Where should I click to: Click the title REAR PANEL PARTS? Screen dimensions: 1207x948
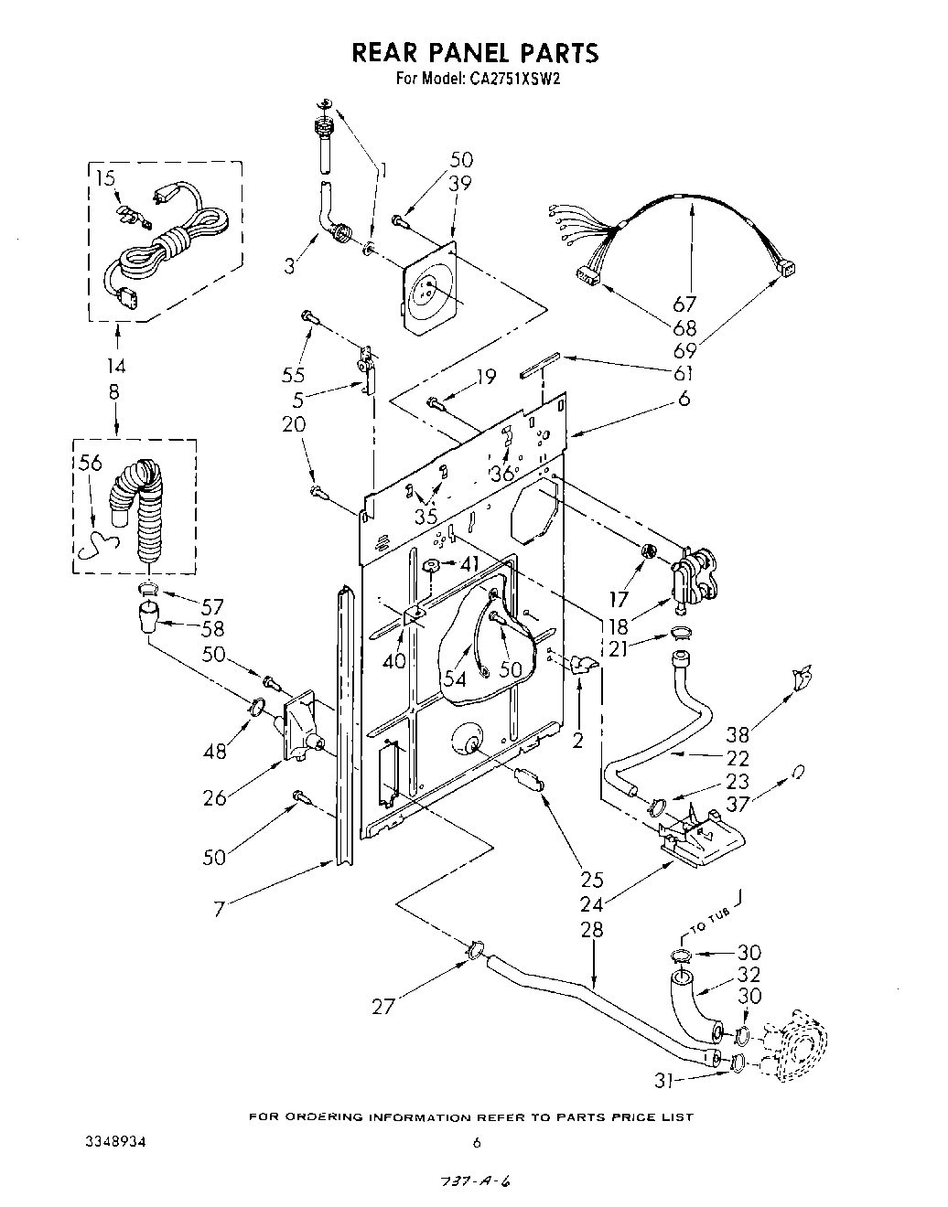(x=475, y=53)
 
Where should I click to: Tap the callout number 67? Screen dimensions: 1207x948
(x=684, y=305)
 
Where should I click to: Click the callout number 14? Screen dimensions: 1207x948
(x=116, y=367)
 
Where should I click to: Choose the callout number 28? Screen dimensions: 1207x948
(x=593, y=930)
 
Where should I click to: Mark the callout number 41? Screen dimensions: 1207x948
(x=469, y=564)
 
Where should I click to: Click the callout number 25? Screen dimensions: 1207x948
(x=592, y=881)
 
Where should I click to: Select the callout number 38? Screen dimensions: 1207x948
(x=737, y=734)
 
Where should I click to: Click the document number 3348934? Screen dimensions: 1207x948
(x=115, y=1143)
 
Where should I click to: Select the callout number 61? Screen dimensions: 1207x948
(x=683, y=373)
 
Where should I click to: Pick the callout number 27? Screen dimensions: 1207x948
(x=383, y=1007)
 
